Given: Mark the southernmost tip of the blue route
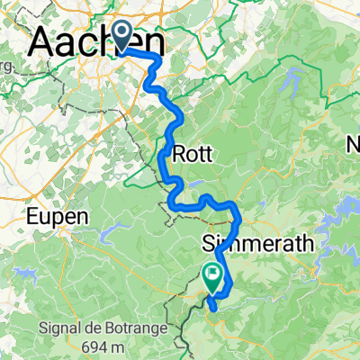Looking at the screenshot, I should pos(211,308).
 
